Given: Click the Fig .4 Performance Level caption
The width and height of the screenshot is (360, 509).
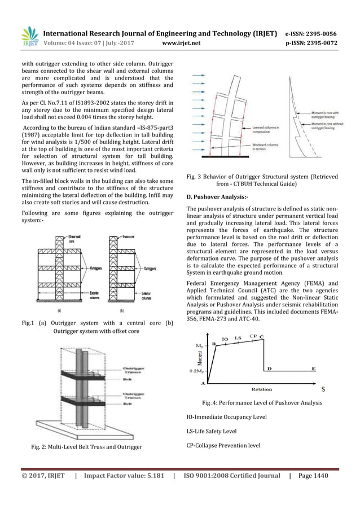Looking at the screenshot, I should point(262,402).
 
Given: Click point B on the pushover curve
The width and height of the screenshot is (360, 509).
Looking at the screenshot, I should point(213,343).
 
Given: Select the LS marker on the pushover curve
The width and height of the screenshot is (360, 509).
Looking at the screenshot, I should point(238,338).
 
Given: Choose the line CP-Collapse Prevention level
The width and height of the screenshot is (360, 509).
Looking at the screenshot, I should point(223,445).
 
